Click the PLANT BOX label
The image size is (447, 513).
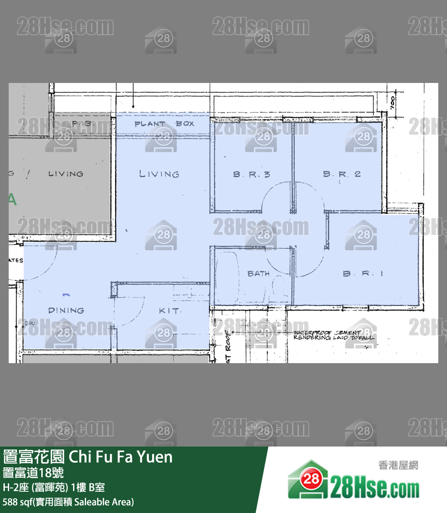pyautogui.click(x=164, y=124)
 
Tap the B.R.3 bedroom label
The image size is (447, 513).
pyautogui.click(x=251, y=174)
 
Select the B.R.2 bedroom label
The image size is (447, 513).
pyautogui.click(x=342, y=174)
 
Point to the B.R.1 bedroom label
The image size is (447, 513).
pyautogui.click(x=363, y=274)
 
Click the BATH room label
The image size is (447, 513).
pyautogui.click(x=258, y=274)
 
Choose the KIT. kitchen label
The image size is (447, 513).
pyautogui.click(x=169, y=311)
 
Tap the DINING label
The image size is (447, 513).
pyautogui.click(x=66, y=311)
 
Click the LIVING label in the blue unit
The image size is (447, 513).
pyautogui.click(x=159, y=174)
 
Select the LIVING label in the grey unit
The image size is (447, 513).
pyautogui.click(x=66, y=174)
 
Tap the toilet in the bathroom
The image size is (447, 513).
pyautogui.click(x=277, y=287)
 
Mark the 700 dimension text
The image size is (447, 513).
pyautogui.click(x=393, y=103)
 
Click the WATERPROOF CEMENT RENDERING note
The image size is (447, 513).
pyautogui.click(x=333, y=335)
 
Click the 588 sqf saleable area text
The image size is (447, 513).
pyautogui.click(x=68, y=502)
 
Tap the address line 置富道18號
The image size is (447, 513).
pyautogui.click(x=33, y=473)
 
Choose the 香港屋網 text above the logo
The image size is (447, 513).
pyautogui.click(x=398, y=465)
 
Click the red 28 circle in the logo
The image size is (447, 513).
pyautogui.click(x=311, y=479)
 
